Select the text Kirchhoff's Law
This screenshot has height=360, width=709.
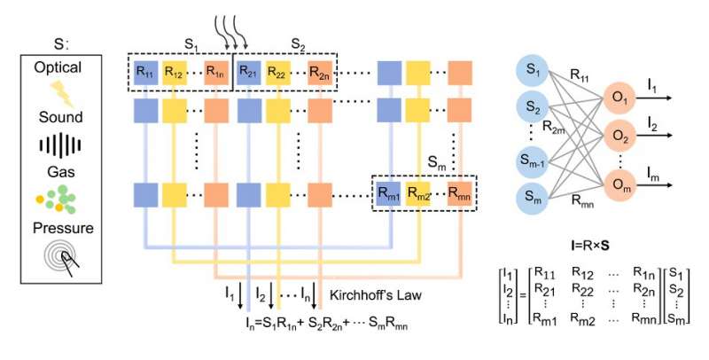coord(369,293)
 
